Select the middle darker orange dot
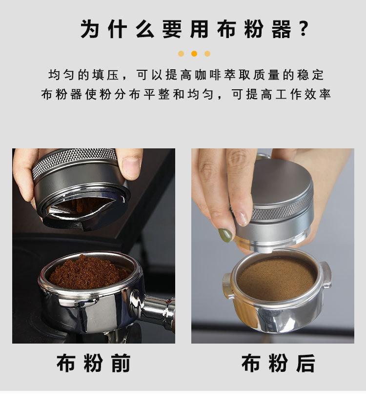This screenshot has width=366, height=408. pyautogui.click(x=194, y=54)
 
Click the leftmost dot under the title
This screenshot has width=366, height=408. pyautogui.click(x=181, y=54)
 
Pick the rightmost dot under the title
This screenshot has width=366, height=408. pyautogui.click(x=207, y=54)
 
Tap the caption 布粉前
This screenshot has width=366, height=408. pyautogui.click(x=93, y=364)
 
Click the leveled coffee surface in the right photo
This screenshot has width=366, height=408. pyautogui.click(x=277, y=278)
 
